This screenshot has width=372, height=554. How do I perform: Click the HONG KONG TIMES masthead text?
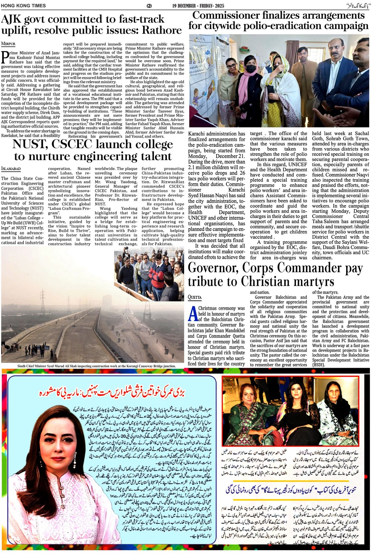click(x=23, y=5)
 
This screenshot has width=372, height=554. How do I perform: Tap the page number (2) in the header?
click(x=149, y=6)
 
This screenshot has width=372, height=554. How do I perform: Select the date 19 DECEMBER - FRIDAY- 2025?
click(x=198, y=6)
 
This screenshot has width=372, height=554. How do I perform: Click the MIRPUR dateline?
click(x=8, y=44)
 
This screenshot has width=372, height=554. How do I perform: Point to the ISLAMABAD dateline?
click(x=11, y=169)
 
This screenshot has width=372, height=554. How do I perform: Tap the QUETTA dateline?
click(x=195, y=297)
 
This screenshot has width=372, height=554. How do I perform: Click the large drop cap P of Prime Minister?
click(x=4, y=57)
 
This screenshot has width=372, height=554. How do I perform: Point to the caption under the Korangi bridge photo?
click(x=96, y=366)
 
